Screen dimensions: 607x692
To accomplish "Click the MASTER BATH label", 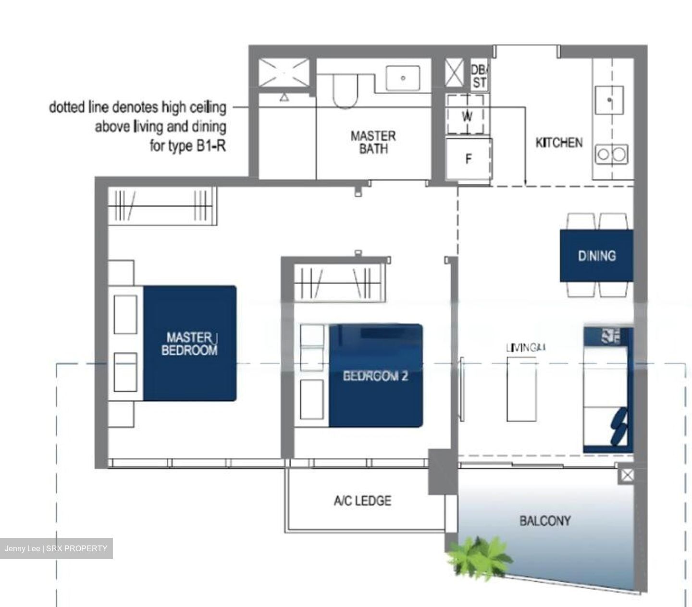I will pyautogui.click(x=373, y=142).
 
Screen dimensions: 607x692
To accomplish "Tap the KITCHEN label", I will pyautogui.click(x=559, y=142).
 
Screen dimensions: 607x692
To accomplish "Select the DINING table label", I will pyautogui.click(x=596, y=255).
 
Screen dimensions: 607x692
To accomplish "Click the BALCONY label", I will pyautogui.click(x=545, y=520).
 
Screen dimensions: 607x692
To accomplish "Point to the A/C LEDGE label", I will pyautogui.click(x=362, y=501).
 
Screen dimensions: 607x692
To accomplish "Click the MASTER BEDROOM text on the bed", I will pyautogui.click(x=189, y=344).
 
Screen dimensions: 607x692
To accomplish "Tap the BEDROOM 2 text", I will pyautogui.click(x=375, y=375).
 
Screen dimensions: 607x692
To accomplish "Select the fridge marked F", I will pyautogui.click(x=469, y=159).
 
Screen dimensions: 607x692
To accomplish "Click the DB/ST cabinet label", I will pyautogui.click(x=479, y=76).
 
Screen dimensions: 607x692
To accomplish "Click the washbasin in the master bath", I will pyautogui.click(x=403, y=78).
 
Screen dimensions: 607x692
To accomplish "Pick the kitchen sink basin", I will pyautogui.click(x=609, y=100).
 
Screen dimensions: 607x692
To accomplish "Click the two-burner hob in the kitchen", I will pyautogui.click(x=611, y=154).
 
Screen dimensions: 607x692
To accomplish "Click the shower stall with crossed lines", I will pyautogui.click(x=284, y=73).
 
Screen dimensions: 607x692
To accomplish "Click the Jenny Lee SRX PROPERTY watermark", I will pyautogui.click(x=56, y=548).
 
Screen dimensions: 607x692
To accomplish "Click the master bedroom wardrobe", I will pyautogui.click(x=162, y=205).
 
